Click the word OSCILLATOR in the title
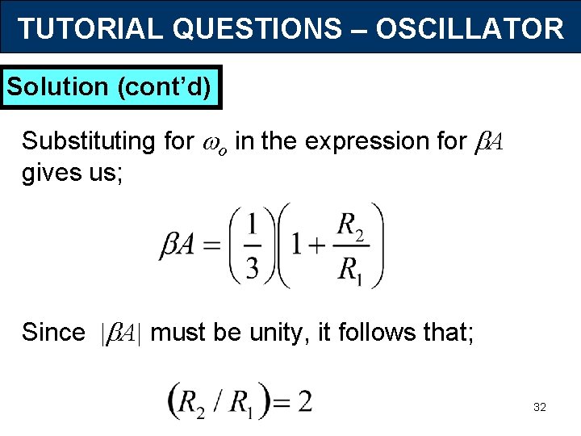click(x=470, y=29)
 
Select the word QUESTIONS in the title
click(x=255, y=29)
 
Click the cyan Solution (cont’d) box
click(x=112, y=86)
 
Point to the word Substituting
click(x=88, y=141)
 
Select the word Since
click(x=53, y=332)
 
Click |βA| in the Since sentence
click(x=119, y=333)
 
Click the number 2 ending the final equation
click(x=304, y=401)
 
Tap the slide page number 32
click(x=540, y=408)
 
